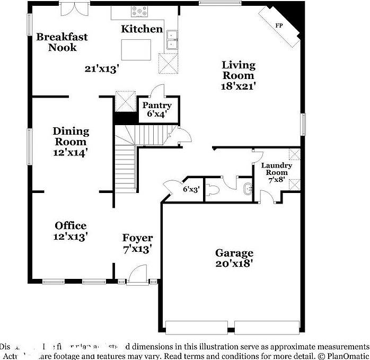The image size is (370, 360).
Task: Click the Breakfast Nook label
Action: coord(61,42)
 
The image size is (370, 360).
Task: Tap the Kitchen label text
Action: coord(142,29)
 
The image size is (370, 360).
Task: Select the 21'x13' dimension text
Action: coord(101,68)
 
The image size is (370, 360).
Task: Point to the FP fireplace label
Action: coord(279,25)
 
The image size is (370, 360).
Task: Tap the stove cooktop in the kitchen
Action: coord(140,10)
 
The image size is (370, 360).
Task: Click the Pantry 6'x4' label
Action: coord(156,109)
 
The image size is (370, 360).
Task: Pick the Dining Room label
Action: coord(71,136)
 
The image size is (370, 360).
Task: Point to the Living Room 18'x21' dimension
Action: coord(239,85)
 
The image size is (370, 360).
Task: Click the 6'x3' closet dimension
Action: coord(191,189)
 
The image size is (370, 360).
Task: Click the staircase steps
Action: coord(126,164)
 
